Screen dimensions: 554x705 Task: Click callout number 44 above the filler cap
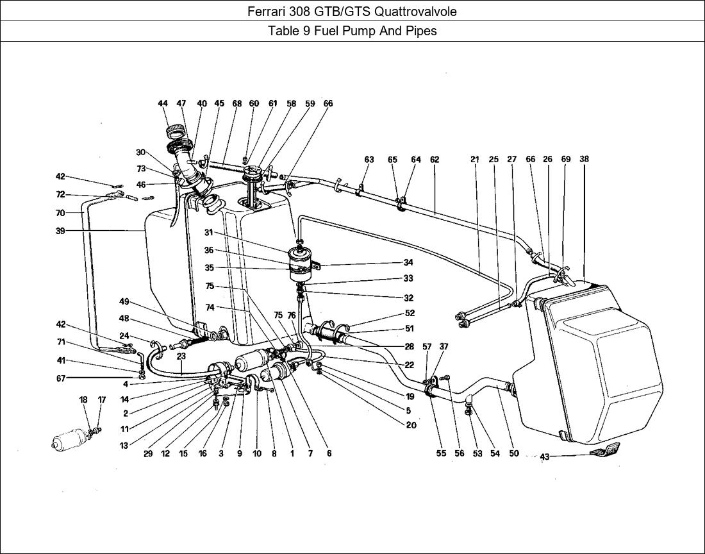(x=163, y=103)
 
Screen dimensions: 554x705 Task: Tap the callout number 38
(x=584, y=159)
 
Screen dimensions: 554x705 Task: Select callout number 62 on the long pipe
(x=435, y=160)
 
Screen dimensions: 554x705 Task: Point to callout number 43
(x=545, y=457)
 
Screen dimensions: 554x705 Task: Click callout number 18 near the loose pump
(x=83, y=399)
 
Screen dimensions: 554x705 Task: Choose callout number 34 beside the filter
(x=408, y=262)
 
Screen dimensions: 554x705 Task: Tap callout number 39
(x=60, y=231)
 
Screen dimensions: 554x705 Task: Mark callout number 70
(x=60, y=213)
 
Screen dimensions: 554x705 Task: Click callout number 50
(x=514, y=453)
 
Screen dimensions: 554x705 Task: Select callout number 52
(x=410, y=314)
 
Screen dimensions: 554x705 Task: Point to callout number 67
(x=60, y=378)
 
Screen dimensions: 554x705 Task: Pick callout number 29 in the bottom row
(x=147, y=453)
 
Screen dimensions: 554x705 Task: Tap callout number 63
(x=369, y=160)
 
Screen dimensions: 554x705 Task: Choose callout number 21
(x=475, y=160)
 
